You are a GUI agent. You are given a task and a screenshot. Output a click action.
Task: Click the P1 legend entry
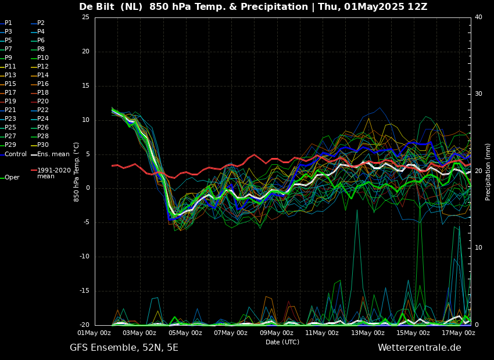pyautogui.click(x=8, y=23)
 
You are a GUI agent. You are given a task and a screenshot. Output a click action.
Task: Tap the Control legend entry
pyautogui.click(x=16, y=154)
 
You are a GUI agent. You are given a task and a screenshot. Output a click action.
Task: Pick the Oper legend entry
pyautogui.click(x=12, y=178)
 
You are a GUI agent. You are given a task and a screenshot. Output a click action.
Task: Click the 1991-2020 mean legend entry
pyautogui.click(x=53, y=173)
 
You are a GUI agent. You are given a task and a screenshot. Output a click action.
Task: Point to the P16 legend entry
pyautogui.click(x=43, y=84)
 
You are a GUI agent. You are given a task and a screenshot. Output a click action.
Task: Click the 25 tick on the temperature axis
pyautogui.click(x=85, y=17)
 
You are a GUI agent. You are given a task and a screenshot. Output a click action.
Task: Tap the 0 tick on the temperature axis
pyautogui.click(x=87, y=188)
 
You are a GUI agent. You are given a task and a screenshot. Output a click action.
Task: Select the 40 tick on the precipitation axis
pyautogui.click(x=478, y=17)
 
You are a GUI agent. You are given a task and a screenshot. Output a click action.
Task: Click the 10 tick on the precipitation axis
pyautogui.click(x=478, y=248)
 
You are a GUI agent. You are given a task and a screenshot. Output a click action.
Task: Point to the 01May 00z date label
pyautogui.click(x=94, y=333)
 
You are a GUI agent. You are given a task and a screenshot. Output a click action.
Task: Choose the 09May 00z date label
pyautogui.click(x=276, y=333)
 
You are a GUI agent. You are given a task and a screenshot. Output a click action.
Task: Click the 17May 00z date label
pyautogui.click(x=459, y=333)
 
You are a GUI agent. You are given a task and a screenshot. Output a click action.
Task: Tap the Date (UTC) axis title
pyautogui.click(x=282, y=343)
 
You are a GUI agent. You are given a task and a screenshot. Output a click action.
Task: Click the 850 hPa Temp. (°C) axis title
pyautogui.click(x=77, y=172)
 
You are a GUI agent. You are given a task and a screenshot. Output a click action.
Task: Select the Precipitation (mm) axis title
pyautogui.click(x=488, y=172)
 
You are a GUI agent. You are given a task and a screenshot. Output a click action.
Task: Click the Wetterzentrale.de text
pyautogui.click(x=419, y=348)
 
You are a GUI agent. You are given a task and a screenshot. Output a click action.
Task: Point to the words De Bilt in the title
pyautogui.click(x=97, y=7)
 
